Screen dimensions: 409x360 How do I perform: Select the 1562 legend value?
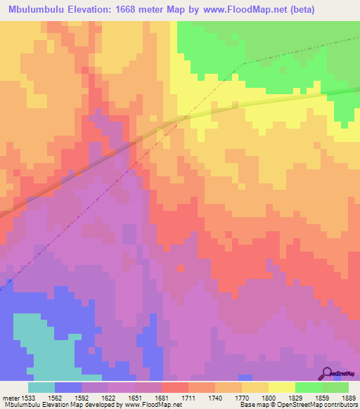click(55, 397)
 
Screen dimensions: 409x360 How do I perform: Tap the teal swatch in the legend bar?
click(41, 387)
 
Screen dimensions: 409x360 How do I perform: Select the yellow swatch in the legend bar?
click(281, 387)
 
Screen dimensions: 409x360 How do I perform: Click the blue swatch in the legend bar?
click(68, 387)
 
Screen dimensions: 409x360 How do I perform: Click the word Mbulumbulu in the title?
click(41, 10)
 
